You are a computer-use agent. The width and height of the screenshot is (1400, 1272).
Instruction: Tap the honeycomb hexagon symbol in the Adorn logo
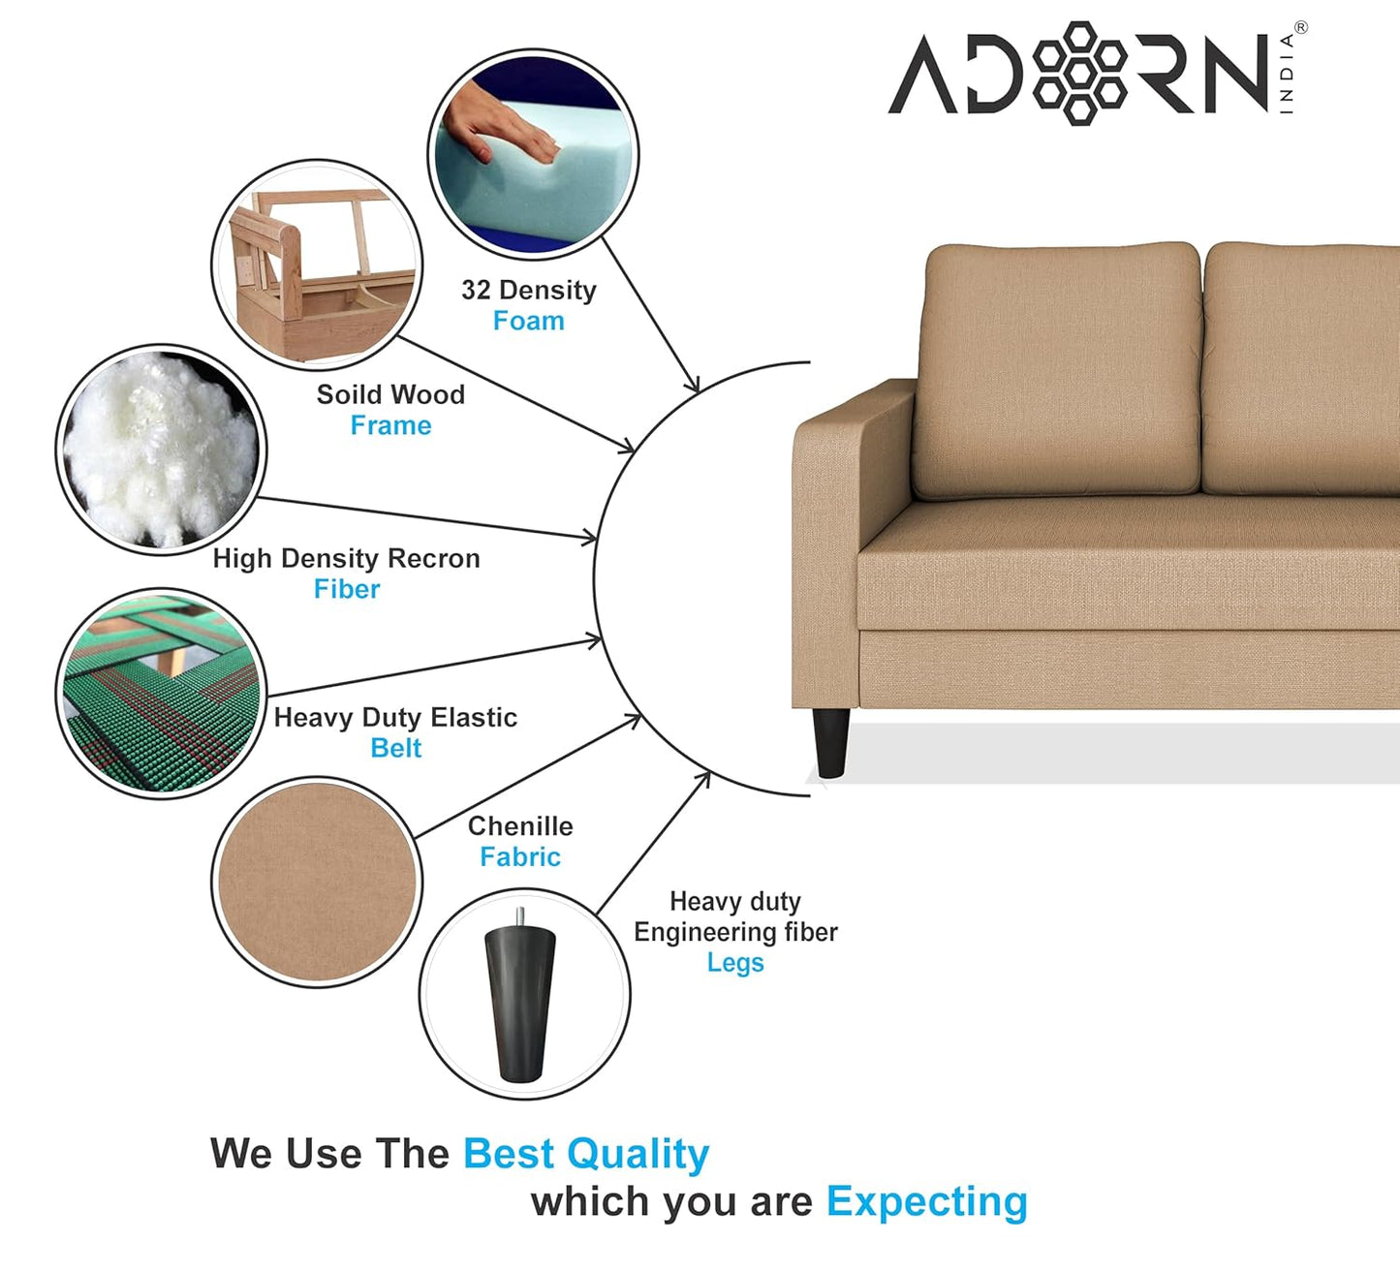[x=1079, y=73]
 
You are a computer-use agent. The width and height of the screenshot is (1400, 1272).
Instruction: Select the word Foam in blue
[x=528, y=321]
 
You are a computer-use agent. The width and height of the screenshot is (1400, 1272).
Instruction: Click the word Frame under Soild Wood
[x=390, y=425]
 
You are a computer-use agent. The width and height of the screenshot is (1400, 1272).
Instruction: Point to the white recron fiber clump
[x=160, y=449]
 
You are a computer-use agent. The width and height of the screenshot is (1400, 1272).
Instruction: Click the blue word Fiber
[x=347, y=589]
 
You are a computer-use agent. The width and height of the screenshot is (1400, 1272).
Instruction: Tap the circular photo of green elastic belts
[x=161, y=693]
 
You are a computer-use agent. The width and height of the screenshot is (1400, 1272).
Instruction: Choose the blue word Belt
[x=395, y=748]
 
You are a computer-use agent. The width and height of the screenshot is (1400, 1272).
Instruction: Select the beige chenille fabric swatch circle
[x=317, y=882]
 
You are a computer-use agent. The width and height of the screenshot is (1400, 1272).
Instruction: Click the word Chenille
[x=520, y=826]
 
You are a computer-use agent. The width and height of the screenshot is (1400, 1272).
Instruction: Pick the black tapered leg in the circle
[x=521, y=1003]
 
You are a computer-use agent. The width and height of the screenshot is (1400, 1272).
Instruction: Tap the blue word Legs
[x=735, y=963]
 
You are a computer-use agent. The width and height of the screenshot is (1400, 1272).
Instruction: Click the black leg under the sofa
[x=831, y=741]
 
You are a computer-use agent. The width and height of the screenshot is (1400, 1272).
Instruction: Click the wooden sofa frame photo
[x=317, y=264]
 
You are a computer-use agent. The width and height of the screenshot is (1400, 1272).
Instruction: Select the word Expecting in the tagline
[x=926, y=1201]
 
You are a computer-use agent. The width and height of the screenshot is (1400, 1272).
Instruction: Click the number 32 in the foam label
[x=476, y=290]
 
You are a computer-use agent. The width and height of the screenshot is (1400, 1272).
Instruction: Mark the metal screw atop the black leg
[x=520, y=916]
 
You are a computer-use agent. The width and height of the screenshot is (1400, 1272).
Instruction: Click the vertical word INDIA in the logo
[x=1287, y=73]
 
